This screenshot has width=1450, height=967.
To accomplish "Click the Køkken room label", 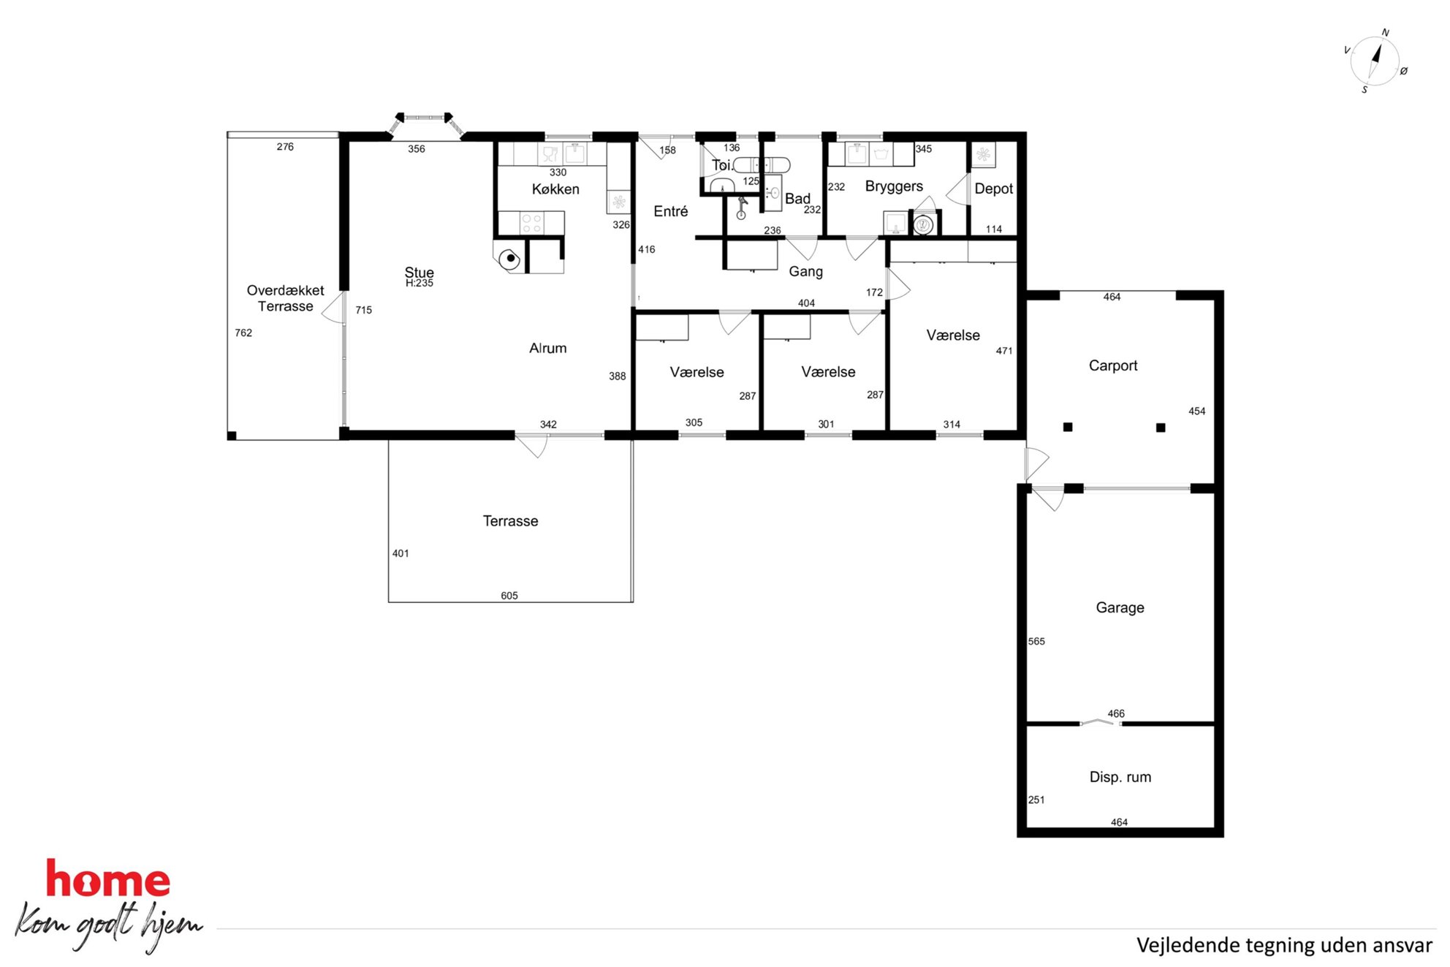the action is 555,189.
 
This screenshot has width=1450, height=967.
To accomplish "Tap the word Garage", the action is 1120,607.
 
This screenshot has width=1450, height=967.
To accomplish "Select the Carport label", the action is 1113,365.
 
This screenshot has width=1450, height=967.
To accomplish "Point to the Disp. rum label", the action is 1120,777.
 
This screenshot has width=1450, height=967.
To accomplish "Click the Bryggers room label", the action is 894,186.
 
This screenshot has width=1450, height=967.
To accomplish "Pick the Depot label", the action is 993,189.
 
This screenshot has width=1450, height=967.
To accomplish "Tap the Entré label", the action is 671,211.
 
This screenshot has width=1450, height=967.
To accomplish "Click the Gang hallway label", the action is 805,272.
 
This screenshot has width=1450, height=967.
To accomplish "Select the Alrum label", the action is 547,348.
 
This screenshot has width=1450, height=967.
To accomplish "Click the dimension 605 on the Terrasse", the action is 509,596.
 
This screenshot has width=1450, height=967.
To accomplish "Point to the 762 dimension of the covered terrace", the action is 243,333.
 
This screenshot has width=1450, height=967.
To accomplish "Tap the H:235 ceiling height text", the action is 420,284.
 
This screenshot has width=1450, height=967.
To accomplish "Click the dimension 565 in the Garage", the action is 1036,641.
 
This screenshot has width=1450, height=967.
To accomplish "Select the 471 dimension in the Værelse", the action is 1004,351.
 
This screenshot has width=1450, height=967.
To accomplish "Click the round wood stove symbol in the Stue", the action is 509,259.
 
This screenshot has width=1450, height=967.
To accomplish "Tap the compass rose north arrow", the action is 1376,55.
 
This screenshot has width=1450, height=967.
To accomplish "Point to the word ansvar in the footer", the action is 1402,945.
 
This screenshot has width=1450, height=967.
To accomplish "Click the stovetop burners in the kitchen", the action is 531,223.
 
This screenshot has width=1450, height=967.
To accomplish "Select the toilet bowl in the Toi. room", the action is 722,185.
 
